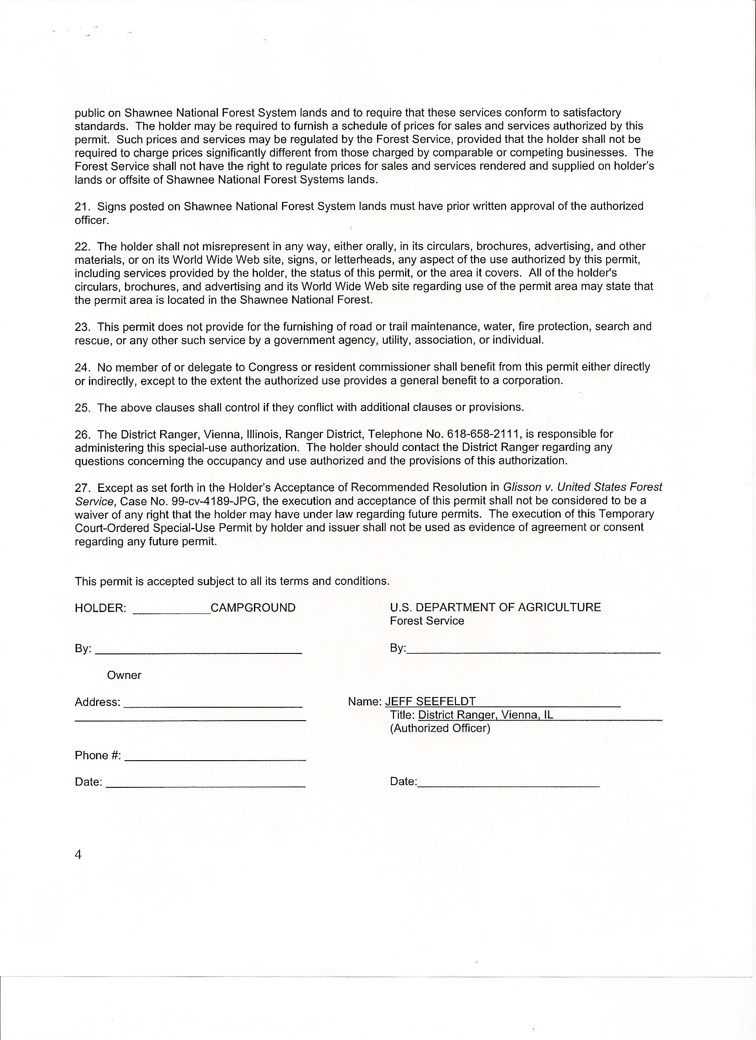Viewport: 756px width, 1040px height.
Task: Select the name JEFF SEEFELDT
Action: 430,701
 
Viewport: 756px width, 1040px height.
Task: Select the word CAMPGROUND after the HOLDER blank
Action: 253,608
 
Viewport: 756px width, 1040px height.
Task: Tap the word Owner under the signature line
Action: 124,675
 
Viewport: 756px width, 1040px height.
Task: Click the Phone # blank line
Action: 215,757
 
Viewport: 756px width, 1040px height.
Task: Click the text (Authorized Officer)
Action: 440,728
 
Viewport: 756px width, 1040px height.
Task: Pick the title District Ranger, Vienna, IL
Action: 486,715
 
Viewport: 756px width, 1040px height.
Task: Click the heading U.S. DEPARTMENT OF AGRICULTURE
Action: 495,607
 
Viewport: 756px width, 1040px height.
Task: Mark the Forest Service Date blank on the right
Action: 508,783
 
